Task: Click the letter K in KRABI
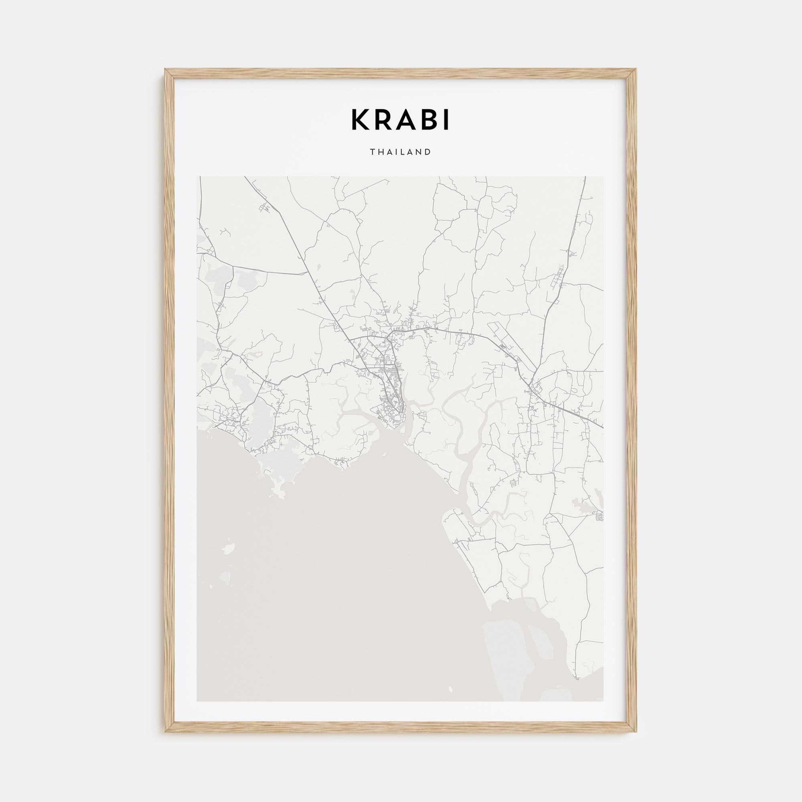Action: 360,120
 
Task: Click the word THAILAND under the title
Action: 401,152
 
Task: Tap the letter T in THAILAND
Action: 373,152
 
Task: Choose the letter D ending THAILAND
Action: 428,152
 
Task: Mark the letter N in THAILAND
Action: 420,152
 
